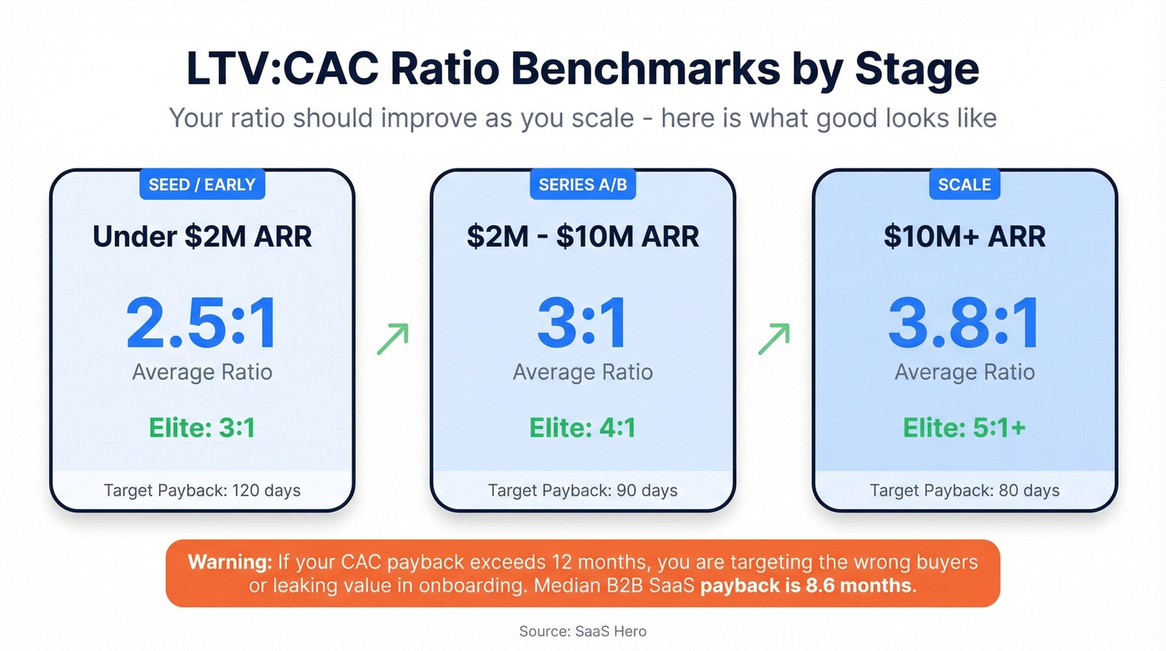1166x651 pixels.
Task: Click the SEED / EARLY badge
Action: tap(202, 184)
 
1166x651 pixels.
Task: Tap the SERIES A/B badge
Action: tap(582, 184)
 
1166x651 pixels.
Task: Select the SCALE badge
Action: tap(964, 184)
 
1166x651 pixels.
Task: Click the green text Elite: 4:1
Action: tap(582, 428)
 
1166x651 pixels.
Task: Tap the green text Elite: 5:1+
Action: tap(964, 428)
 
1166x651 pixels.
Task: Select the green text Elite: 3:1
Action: tap(202, 428)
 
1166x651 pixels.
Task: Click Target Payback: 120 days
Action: tap(202, 490)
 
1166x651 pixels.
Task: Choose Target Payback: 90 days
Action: tap(582, 490)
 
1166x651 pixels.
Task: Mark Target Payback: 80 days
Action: tap(964, 490)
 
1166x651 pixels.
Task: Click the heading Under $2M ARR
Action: tap(202, 237)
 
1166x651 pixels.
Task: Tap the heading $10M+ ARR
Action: tap(964, 237)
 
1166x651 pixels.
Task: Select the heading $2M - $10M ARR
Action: tap(582, 237)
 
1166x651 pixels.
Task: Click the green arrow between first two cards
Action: tap(392, 339)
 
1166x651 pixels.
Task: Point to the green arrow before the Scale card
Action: tap(774, 339)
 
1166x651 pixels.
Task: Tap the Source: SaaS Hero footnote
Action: tap(582, 631)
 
